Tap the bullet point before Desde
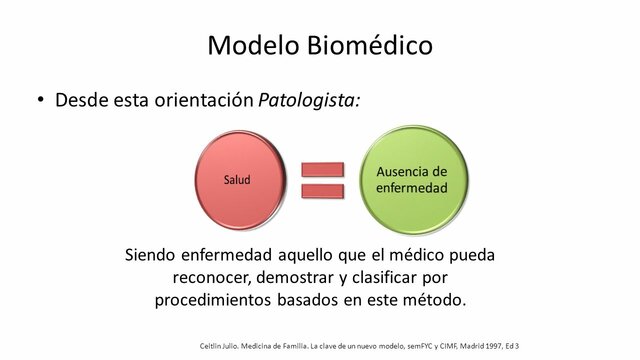tap(41, 101)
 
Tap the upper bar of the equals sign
tap(322, 169)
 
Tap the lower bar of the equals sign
tap(322, 190)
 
